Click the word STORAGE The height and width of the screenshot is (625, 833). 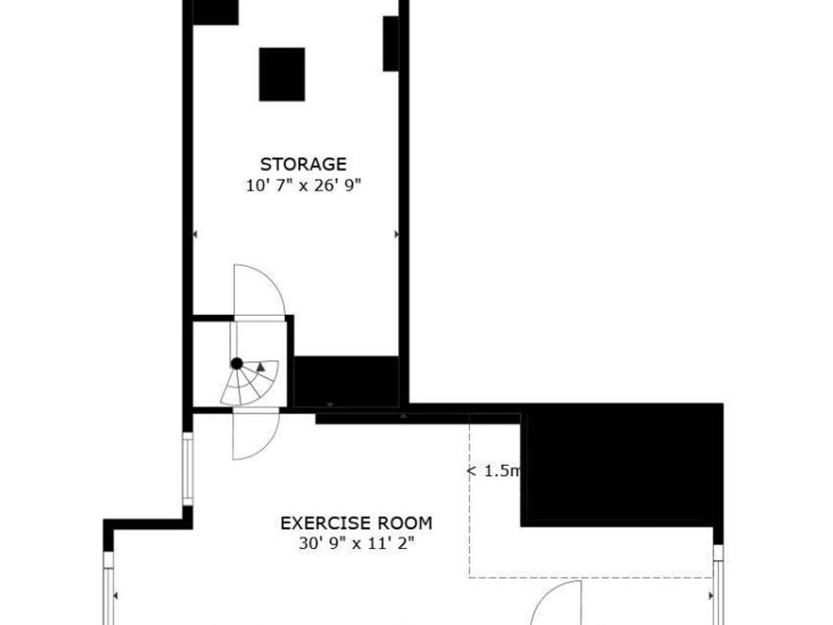coord(303,165)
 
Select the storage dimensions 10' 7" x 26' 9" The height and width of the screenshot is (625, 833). coord(303,185)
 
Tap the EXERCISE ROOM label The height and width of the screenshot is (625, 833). coord(355,523)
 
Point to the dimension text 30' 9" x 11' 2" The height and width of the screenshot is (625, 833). coord(355,544)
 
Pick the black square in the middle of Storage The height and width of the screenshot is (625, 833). coord(281,74)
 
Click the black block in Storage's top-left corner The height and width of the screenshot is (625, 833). coord(215,11)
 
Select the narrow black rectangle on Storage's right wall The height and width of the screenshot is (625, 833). coord(392,44)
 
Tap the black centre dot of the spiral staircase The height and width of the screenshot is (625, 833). coord(237,363)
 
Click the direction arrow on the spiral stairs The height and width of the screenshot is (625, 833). coord(262,368)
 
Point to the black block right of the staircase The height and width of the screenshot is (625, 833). coord(346,380)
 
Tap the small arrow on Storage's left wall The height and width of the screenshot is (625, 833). coord(193,235)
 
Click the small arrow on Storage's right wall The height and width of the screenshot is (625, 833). coord(398,235)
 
